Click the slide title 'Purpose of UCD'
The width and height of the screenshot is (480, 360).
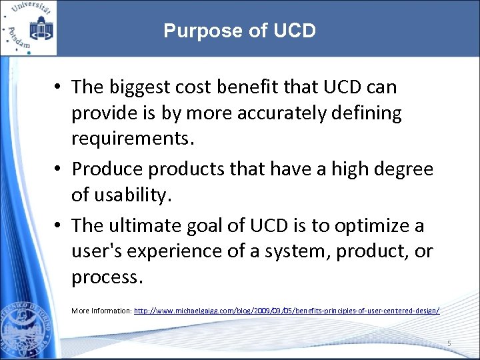[x=239, y=31]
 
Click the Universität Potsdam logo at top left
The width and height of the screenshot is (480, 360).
[x=28, y=28]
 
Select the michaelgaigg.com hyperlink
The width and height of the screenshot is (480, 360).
[x=287, y=311]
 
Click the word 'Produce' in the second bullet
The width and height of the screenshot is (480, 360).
[x=107, y=169]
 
